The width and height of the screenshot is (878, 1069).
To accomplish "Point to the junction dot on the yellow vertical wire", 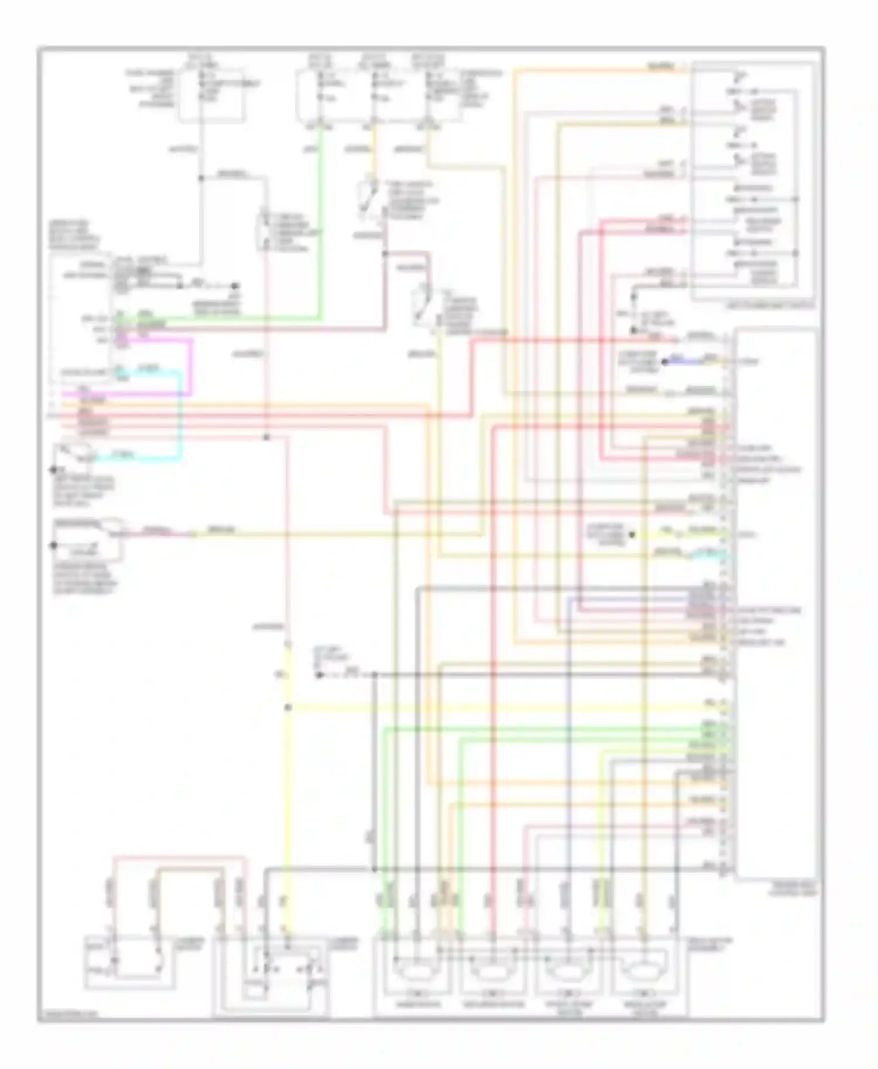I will click(287, 708).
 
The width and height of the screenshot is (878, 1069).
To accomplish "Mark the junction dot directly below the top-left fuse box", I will click(201, 178).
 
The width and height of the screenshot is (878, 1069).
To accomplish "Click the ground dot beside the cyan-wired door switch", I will click(53, 469).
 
